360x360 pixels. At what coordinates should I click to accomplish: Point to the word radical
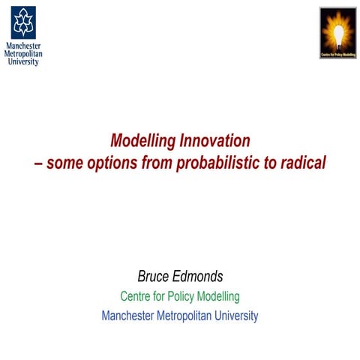pos(304,162)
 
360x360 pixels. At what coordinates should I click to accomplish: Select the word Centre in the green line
pos(136,297)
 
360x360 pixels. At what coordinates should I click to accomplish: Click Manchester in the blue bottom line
pos(128,316)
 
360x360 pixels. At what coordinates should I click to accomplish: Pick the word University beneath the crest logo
pos(22,61)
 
